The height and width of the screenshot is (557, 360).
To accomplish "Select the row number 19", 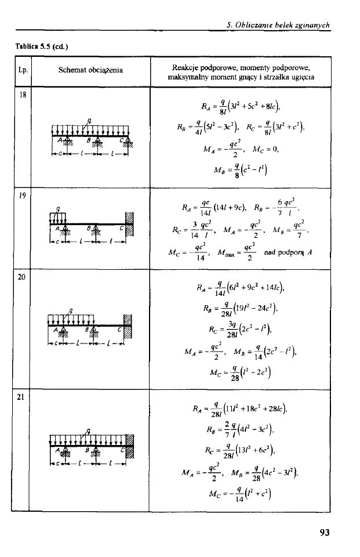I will click(21, 194).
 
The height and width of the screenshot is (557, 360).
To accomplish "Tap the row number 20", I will click(21, 277).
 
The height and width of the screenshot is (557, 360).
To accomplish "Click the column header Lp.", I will click(21, 71).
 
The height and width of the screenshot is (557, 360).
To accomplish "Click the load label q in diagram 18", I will click(89, 121).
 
